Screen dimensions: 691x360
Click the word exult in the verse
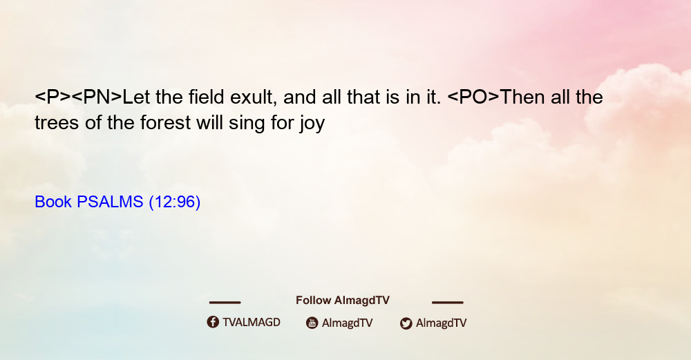(x=252, y=97)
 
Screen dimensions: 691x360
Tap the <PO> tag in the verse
(x=473, y=97)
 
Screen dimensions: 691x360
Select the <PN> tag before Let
(x=97, y=97)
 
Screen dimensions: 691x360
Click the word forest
(x=166, y=122)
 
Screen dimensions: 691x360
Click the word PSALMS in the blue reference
(x=110, y=202)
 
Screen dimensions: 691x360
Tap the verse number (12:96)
(x=175, y=202)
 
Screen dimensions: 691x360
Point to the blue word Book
(x=53, y=202)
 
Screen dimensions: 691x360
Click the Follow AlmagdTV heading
(x=343, y=301)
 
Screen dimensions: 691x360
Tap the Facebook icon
(x=213, y=322)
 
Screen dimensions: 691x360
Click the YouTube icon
(x=312, y=323)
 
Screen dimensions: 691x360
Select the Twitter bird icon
(x=406, y=323)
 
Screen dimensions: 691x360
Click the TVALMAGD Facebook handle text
(x=252, y=323)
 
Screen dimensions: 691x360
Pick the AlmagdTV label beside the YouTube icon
(x=348, y=323)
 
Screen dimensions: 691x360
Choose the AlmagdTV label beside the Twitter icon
(x=441, y=323)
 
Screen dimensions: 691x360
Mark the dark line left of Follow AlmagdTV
(x=225, y=303)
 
